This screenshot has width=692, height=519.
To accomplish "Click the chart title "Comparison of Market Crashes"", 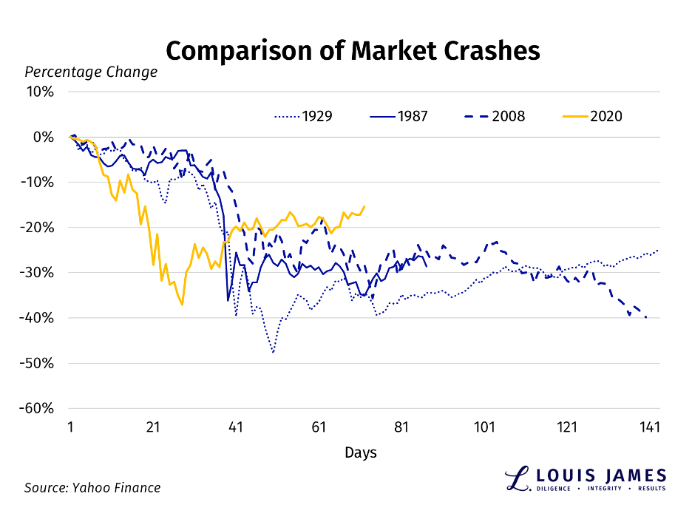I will point(353,50).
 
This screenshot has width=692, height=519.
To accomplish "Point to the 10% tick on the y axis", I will point(41,92).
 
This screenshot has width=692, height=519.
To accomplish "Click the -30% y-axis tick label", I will point(38,272).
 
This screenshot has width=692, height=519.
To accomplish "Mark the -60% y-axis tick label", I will point(38,408).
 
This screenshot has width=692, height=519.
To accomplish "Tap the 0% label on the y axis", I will point(44,137).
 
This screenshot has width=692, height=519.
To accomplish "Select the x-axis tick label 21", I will point(153,428).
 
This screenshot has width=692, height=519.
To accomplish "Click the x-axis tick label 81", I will point(401,428).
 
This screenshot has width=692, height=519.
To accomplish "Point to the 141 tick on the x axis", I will point(650,428).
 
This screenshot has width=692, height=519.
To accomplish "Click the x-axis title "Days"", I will point(360,452).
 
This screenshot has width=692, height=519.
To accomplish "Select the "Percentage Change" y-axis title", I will point(91,72).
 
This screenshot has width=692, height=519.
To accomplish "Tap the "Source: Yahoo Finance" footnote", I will point(92,487).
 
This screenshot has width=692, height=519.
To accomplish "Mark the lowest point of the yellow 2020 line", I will point(182,305).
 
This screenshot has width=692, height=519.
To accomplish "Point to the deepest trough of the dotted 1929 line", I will point(273,353).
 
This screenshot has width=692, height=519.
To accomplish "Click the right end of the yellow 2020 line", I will point(364,206).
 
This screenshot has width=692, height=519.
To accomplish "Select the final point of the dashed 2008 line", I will point(646,317).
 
